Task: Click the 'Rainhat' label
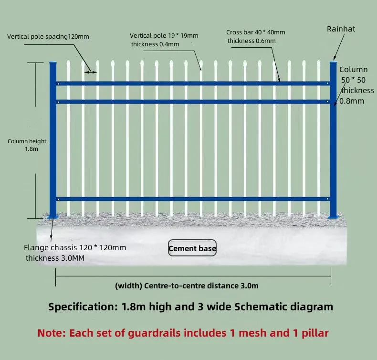(x=341, y=29)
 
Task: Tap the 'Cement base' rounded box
(x=192, y=248)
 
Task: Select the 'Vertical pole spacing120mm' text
(x=48, y=36)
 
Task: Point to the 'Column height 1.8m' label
(x=27, y=145)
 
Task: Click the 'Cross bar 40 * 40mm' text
(x=255, y=32)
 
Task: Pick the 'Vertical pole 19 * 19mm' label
(x=164, y=36)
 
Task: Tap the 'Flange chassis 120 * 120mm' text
(x=75, y=248)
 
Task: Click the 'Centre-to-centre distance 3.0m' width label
(x=187, y=286)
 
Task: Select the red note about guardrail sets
(x=183, y=333)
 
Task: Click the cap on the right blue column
(x=333, y=63)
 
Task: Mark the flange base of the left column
(x=52, y=217)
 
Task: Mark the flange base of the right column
(x=333, y=217)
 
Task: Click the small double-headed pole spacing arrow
(x=91, y=72)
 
